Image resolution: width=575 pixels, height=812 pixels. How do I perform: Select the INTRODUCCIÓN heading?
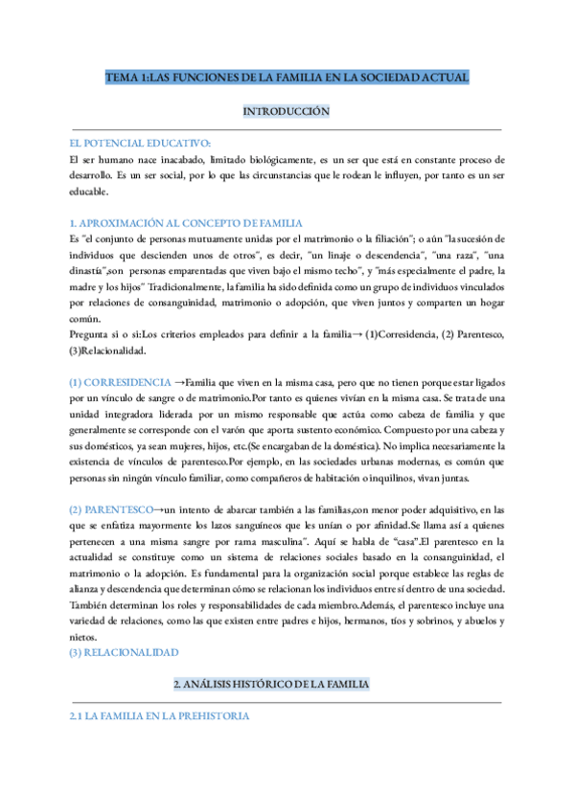[287, 112]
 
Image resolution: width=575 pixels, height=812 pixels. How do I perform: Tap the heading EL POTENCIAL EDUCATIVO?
[132, 142]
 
